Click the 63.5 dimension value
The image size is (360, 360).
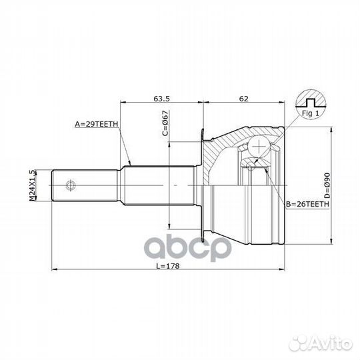[x=162, y=98]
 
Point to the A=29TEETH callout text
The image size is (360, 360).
[x=97, y=124]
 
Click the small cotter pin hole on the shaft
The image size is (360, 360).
[x=71, y=183]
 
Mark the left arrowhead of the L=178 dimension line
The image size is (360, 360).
[x=54, y=270]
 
